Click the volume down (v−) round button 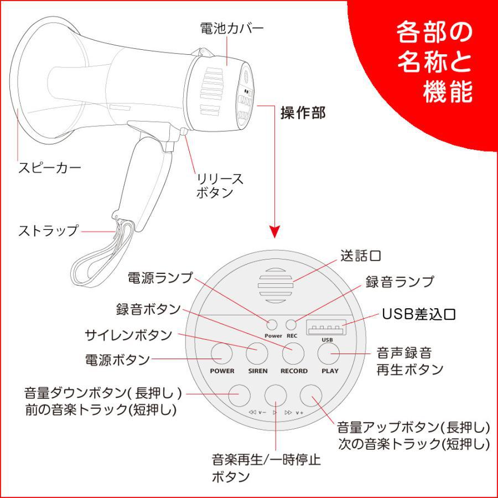(x=240, y=394)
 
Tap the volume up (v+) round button (x=311, y=394)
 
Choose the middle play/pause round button (x=276, y=394)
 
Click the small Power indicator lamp (x=272, y=325)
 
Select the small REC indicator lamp (x=292, y=325)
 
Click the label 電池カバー (x=224, y=28)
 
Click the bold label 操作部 (x=303, y=113)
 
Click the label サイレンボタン (x=128, y=335)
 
